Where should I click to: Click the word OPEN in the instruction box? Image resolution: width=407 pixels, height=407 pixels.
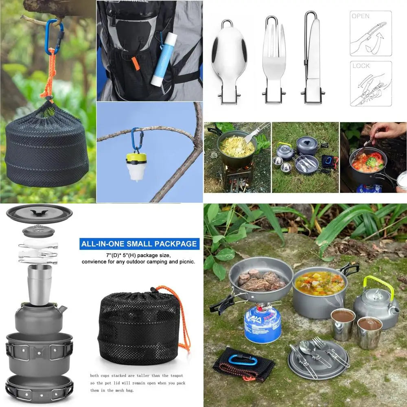pos(361,16)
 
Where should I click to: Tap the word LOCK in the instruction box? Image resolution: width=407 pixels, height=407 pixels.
pos(361,66)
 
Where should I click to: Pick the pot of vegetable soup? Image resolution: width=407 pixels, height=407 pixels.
pos(319,285)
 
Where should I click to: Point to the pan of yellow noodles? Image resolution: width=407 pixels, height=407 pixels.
pos(236,147)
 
